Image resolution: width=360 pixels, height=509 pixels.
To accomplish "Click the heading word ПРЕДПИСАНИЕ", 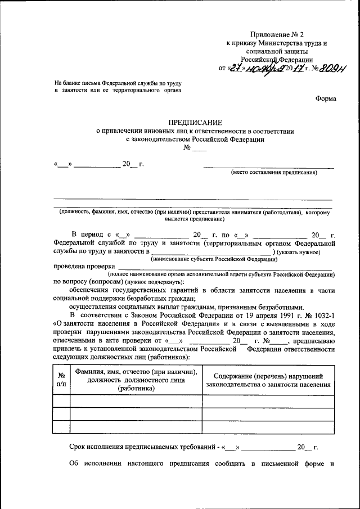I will point(195,122).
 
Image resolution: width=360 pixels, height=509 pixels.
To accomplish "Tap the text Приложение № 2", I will point(275,35).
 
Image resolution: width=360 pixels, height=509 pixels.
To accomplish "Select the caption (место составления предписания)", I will point(273,173).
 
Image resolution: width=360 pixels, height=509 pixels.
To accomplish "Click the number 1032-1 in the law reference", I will point(323,315).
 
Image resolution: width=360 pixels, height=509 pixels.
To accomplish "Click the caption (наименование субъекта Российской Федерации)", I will point(213,259).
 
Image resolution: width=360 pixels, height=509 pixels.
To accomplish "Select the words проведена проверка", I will point(84,267).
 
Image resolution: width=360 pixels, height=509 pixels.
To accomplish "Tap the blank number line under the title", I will point(200,149).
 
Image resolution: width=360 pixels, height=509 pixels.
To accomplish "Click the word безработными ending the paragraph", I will point(278,307).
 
